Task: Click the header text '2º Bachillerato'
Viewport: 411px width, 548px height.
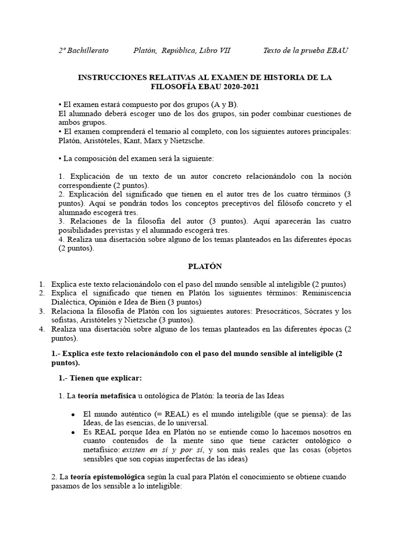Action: click(x=83, y=50)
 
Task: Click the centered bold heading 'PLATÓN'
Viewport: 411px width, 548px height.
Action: click(x=205, y=266)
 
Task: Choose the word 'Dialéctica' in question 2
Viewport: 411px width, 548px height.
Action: click(x=70, y=302)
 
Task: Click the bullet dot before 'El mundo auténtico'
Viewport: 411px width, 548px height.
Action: click(x=72, y=415)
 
